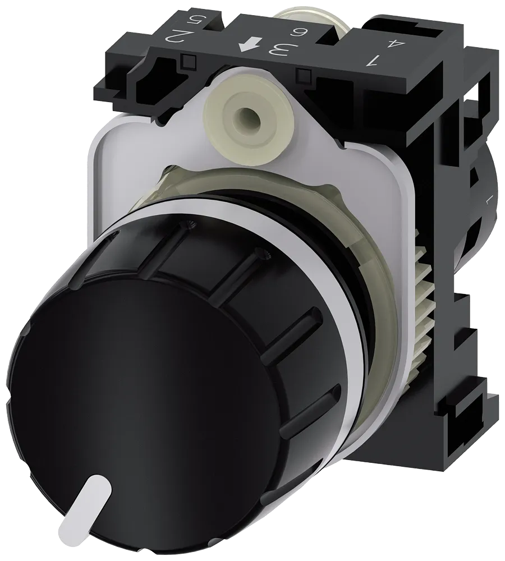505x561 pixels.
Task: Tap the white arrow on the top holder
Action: [246, 47]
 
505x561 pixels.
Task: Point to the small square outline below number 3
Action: [305, 73]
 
